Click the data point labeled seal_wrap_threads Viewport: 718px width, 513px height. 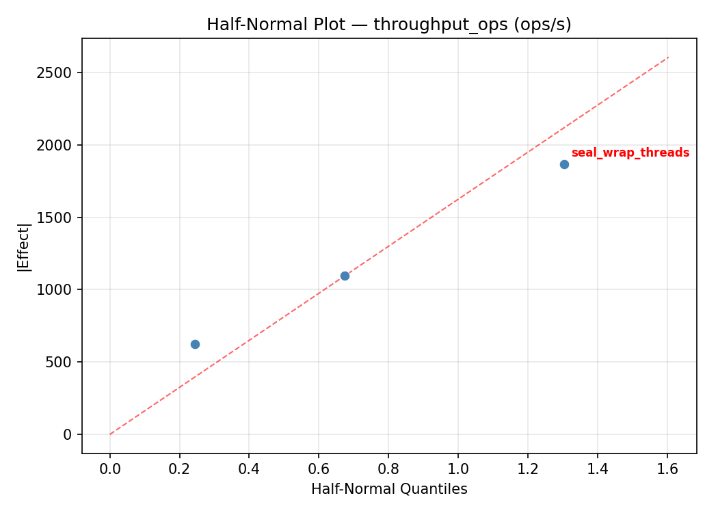point(564,164)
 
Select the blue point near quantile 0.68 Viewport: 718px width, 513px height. point(345,276)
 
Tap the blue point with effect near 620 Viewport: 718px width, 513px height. point(195,344)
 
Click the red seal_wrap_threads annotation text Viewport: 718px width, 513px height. point(630,153)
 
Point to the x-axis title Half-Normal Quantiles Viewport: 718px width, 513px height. point(389,489)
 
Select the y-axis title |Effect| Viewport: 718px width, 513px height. point(25,247)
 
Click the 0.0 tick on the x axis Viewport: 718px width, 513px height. point(110,469)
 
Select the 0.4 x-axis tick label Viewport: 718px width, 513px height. point(249,469)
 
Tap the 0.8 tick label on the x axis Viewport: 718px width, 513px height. point(388,469)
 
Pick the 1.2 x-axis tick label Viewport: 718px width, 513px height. point(528,469)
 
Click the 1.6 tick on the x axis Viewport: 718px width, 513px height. point(667,469)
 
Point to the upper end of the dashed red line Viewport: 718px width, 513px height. point(668,57)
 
